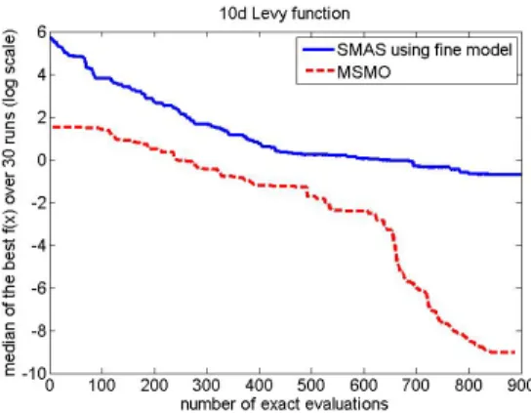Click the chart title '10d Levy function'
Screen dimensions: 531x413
(x=285, y=15)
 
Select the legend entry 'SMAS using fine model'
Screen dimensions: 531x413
(x=425, y=50)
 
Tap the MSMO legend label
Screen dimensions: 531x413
(x=364, y=71)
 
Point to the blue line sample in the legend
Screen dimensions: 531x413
(x=318, y=50)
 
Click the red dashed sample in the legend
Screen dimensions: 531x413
(x=320, y=71)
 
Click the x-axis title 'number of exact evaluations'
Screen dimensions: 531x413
(x=284, y=404)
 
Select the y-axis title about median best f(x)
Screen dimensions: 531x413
(x=9, y=203)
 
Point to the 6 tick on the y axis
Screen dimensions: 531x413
(x=41, y=33)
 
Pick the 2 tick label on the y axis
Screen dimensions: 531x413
(x=41, y=118)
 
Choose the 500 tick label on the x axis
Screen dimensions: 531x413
(x=311, y=386)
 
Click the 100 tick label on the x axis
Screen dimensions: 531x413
(x=102, y=386)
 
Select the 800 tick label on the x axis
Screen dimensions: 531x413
(x=469, y=386)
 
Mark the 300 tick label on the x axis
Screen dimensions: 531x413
(x=207, y=386)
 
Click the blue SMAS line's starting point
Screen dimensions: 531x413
(x=51, y=36)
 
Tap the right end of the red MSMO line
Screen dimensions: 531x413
(x=515, y=352)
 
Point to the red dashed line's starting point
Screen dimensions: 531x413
(x=53, y=127)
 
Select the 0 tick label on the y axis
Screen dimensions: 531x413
(x=41, y=160)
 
